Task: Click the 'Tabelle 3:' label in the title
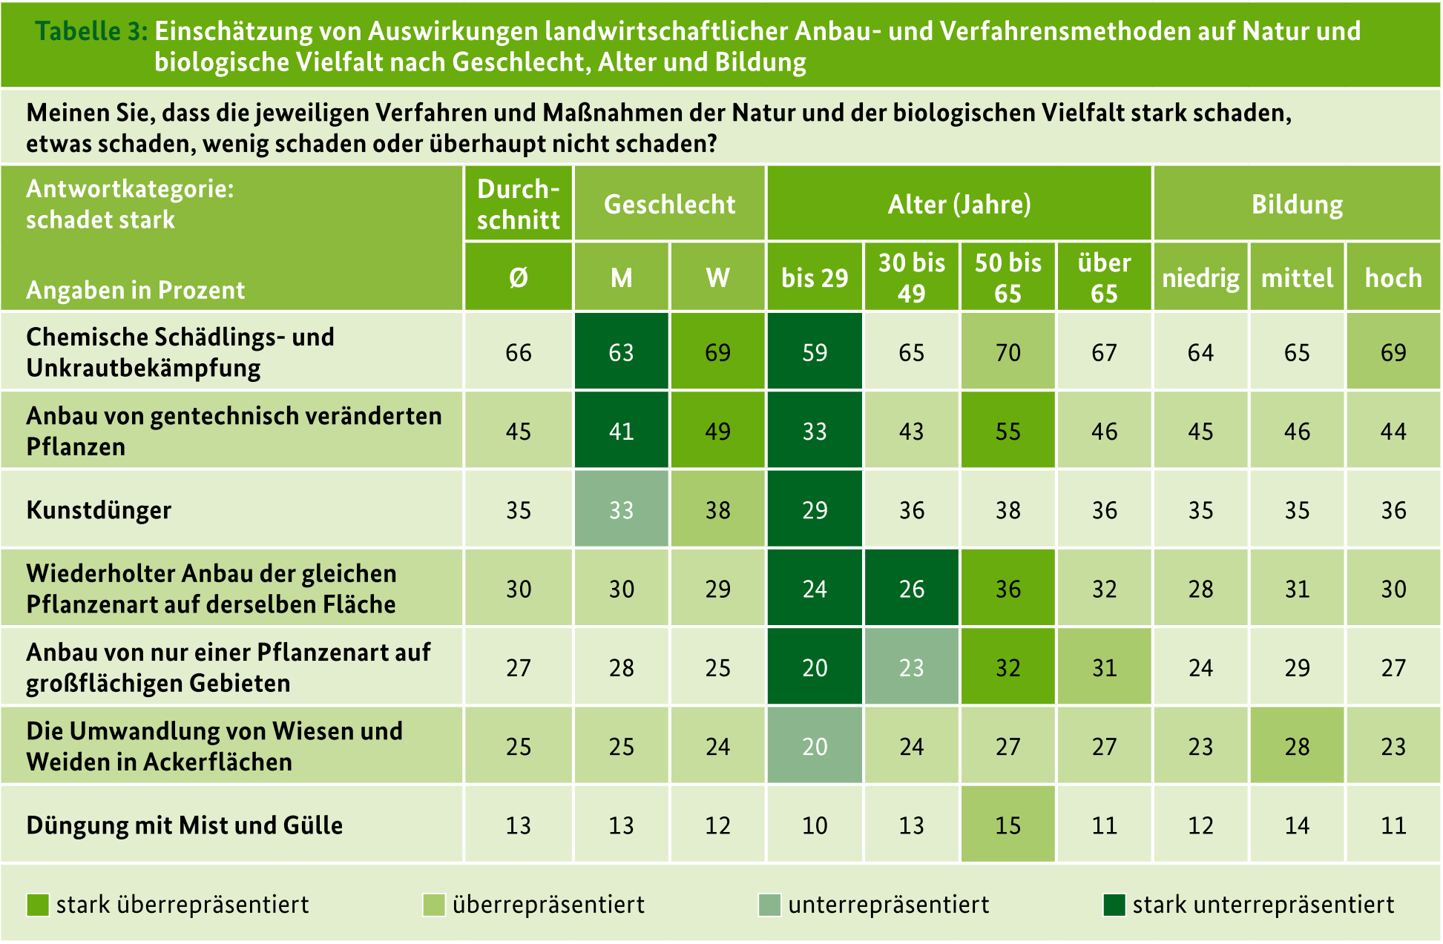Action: pos(91,31)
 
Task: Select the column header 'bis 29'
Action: pos(814,277)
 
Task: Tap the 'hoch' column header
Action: pos(1393,277)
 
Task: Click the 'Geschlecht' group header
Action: pos(669,204)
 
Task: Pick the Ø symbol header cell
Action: pos(518,277)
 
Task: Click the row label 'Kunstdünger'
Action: pos(99,510)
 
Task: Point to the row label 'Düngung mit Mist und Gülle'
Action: pos(184,825)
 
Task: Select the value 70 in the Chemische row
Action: pos(1008,352)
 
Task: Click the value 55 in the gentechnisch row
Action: pos(1008,431)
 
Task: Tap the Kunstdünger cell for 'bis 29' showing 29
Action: pos(814,510)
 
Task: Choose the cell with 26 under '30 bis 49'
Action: pos(911,589)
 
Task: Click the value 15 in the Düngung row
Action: pos(1008,825)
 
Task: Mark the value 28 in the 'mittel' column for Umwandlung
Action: pos(1296,746)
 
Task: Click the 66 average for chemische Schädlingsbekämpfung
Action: pos(518,352)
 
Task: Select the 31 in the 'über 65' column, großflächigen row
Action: pos(1104,667)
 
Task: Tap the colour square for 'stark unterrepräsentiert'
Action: pos(1114,905)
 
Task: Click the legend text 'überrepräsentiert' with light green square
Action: pos(548,905)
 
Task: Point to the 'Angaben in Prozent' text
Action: pos(135,290)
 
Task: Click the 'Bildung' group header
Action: pos(1296,204)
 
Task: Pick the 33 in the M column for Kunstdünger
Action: pos(621,510)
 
